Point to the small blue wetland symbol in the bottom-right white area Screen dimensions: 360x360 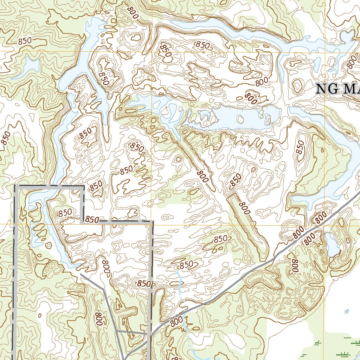point(347,311)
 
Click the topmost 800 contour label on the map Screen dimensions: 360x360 point(133,13)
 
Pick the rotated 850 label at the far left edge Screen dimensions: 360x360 point(6,138)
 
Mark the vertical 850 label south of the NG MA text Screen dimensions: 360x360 point(300,147)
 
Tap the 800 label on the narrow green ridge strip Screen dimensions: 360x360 point(244,208)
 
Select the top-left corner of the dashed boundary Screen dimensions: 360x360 point(15,186)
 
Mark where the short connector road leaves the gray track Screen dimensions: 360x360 point(116,331)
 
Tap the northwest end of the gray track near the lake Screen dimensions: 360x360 point(81,275)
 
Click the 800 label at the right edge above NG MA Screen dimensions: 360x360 point(352,63)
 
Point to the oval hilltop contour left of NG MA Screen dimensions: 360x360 point(298,85)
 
